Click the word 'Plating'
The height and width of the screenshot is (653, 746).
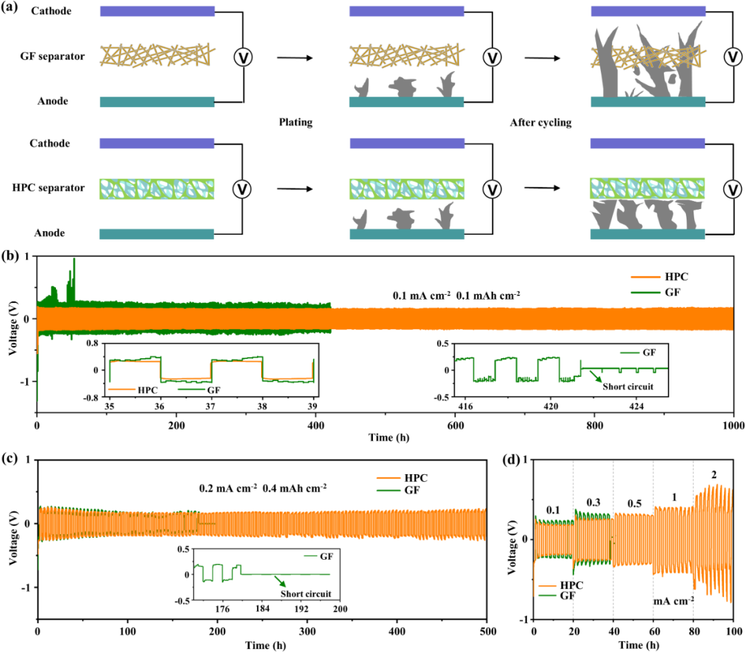[296, 123]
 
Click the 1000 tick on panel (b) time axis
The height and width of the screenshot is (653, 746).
[733, 426]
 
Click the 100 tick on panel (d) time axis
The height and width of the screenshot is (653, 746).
[733, 633]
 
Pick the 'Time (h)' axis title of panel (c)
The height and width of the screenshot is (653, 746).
[262, 645]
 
